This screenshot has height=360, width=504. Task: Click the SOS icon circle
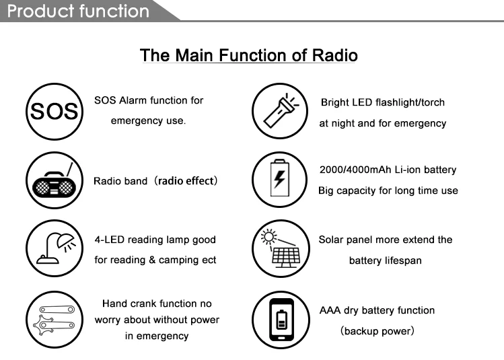54,110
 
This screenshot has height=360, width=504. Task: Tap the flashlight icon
279,110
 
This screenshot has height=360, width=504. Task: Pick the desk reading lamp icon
54,249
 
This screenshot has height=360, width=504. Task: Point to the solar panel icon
279,249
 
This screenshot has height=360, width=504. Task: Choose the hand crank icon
54,319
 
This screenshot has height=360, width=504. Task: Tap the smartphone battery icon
279,319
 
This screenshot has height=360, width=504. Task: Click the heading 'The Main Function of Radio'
248,55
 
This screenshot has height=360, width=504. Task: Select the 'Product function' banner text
78,11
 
